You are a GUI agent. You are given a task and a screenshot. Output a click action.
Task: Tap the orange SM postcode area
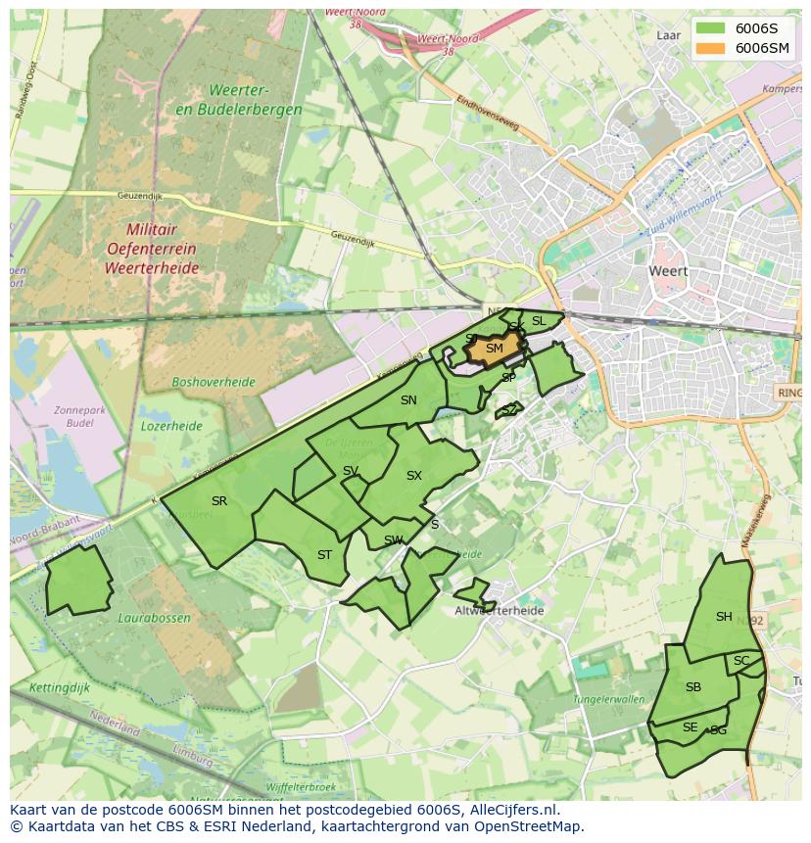tap(494, 349)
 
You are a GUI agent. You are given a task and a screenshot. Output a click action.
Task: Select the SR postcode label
tap(219, 501)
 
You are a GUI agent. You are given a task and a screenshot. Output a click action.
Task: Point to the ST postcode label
tap(324, 555)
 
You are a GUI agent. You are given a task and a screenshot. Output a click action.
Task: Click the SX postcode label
tap(414, 476)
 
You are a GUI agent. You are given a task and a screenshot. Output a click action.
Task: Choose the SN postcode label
tap(408, 400)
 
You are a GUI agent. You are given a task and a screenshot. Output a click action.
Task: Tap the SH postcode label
tap(724, 617)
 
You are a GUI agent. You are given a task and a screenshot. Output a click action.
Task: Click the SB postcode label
tap(693, 687)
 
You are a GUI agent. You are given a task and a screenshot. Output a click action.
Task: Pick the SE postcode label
tap(691, 727)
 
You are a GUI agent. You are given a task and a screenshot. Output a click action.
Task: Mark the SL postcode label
tap(539, 321)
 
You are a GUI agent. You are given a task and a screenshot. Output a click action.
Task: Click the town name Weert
tap(668, 271)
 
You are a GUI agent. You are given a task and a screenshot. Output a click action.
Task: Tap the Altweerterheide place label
tap(499, 611)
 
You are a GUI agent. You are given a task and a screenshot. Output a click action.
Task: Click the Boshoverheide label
tap(213, 382)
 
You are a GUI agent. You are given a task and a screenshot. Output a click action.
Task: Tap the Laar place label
tap(668, 35)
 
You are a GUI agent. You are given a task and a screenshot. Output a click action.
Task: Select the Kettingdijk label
tap(59, 688)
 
